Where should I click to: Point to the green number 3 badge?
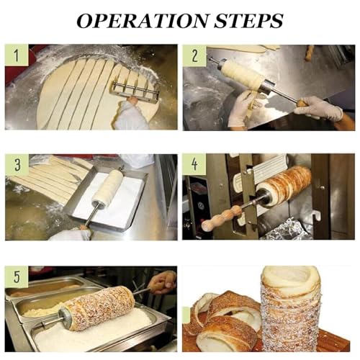click(x=16, y=165)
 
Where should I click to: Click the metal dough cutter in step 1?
click(x=134, y=90)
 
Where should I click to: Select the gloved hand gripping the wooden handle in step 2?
click(x=317, y=108)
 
